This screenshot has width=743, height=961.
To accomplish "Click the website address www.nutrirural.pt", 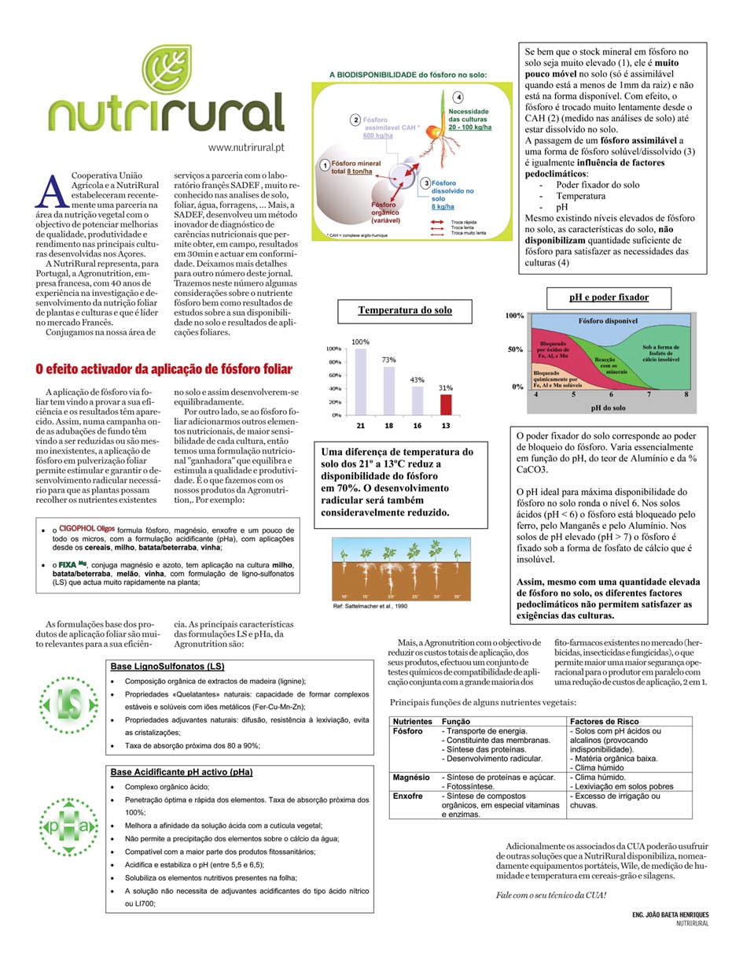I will pos(246,147).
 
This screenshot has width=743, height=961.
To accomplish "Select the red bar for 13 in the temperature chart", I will pos(446,404).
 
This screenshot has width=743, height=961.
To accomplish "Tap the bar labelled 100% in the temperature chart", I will pos(361,381).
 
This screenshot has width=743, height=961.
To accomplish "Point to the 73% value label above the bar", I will pos(389,360).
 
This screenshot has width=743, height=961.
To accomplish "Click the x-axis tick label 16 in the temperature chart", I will pos(417,425).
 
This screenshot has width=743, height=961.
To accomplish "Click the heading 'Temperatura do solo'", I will pos(405,310).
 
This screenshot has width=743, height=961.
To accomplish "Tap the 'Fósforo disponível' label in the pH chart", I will pos(608,321).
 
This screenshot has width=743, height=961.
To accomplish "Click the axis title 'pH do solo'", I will pos(609,408).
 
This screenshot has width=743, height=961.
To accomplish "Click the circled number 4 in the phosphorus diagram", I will pos(458,97).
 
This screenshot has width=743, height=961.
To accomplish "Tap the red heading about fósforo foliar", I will pos(164,368).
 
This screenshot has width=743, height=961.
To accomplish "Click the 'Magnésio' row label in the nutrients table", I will pos(411,777).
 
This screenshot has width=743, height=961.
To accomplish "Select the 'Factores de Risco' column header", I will pos(604,721).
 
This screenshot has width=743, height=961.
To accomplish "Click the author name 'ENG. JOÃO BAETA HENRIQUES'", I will pos(670,915).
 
